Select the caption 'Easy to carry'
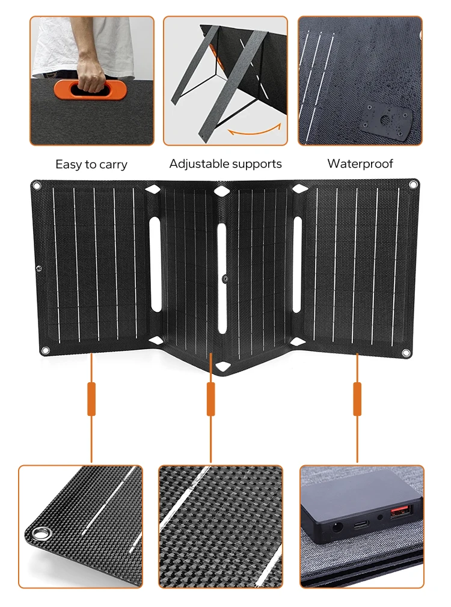91,164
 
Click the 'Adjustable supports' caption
226,163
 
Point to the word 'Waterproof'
360,163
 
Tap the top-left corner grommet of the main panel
37,186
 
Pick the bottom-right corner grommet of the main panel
406,352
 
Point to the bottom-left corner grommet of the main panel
44,351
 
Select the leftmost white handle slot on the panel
156,264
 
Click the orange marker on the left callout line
91,398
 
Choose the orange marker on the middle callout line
210,398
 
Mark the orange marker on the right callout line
357,398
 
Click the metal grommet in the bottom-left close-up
41,533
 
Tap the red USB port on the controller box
397,513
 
